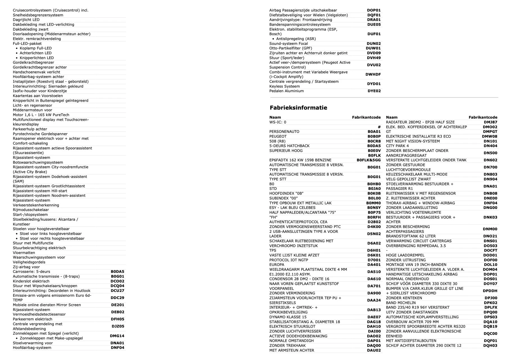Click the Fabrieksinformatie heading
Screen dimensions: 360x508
[298, 108]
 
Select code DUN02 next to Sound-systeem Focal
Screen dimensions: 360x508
[374, 44]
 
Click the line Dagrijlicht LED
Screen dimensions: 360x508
[26, 20]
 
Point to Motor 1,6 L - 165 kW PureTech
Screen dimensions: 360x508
[41, 115]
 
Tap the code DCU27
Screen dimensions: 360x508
[117, 291]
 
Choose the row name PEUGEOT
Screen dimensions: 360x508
[278, 136]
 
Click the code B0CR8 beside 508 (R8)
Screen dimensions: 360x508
[374, 141]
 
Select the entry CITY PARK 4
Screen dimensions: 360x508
[397, 146]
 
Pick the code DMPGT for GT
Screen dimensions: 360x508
[490, 132]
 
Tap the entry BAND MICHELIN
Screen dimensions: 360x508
[401, 303]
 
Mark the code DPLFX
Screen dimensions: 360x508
[491, 307]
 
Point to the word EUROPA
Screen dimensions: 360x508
[277, 265]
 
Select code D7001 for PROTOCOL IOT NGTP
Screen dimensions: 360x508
[374, 260]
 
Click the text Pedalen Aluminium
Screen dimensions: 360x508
[286, 91]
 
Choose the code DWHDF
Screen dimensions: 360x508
[373, 75]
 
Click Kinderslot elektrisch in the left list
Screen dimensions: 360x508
[31, 281]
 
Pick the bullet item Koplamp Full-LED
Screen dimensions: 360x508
[36, 48]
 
